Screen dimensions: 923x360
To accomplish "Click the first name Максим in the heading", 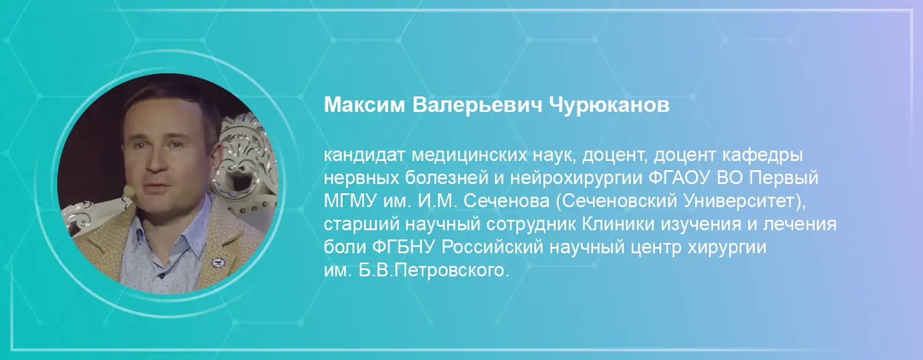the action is (364, 105).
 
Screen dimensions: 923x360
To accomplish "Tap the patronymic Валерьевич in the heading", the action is (478, 106).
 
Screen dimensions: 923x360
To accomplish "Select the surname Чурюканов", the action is (609, 106).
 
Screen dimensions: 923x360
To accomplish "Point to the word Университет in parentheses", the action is (739, 201).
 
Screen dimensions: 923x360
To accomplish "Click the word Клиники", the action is (618, 224).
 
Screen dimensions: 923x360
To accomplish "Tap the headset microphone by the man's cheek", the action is (129, 191).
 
